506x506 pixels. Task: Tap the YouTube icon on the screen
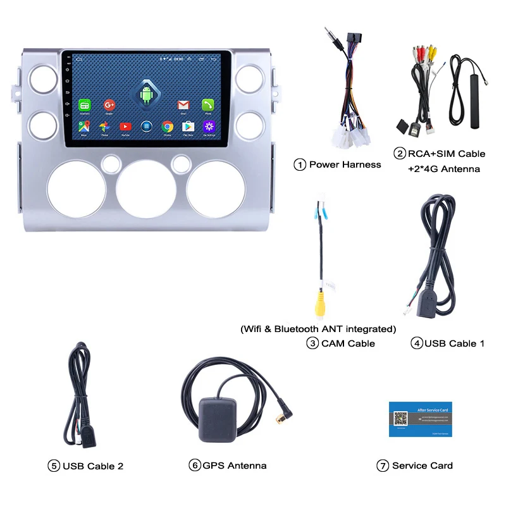coord(126,126)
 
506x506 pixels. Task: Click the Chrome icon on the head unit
coord(168,126)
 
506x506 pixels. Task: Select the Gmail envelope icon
coord(183,104)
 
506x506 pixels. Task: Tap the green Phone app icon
coord(208,104)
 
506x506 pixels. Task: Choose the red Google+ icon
coord(109,104)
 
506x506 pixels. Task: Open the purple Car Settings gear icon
coord(208,126)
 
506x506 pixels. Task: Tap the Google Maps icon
coord(84,126)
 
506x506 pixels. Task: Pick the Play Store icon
coord(188,126)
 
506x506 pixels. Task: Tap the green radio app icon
coord(84,104)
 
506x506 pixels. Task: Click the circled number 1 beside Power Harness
coord(300,164)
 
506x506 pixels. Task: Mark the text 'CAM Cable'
coord(348,343)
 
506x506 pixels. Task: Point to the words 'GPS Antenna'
coord(235,466)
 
